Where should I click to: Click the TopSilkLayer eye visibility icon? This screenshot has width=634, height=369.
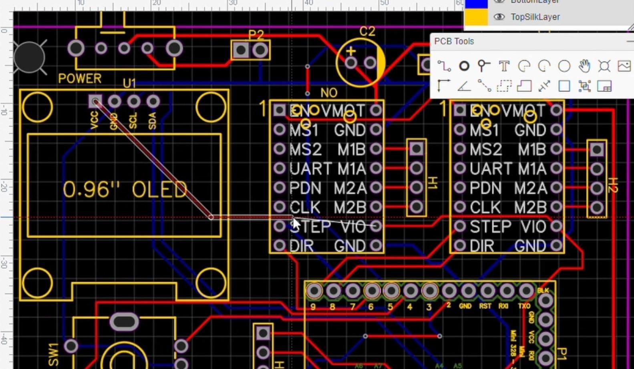tap(499, 17)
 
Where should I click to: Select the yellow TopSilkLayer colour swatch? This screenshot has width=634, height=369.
tap(476, 17)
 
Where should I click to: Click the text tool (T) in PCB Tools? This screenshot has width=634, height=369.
tap(504, 66)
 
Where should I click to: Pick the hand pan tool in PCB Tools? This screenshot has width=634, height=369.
tap(584, 66)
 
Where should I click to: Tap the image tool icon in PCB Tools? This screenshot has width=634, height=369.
tap(624, 66)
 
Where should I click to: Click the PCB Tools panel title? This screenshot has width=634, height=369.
tap(454, 42)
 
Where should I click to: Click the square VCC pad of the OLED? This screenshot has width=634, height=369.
tap(95, 101)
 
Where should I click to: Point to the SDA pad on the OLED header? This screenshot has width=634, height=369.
tap(153, 101)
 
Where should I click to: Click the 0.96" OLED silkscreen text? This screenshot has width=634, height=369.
tap(125, 189)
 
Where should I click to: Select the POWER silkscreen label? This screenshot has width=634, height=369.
tap(80, 78)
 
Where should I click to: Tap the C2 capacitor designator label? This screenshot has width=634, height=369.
tap(367, 31)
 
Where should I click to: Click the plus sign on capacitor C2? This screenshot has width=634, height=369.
tap(351, 51)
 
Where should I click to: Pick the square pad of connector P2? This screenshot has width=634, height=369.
tap(241, 50)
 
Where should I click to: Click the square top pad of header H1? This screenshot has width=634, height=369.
tap(416, 149)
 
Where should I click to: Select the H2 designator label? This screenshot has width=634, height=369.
tap(612, 185)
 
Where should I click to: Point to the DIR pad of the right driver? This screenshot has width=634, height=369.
tap(460, 245)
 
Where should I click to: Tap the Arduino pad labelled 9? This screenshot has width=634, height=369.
tap(314, 291)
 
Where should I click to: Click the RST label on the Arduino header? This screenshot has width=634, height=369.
tap(485, 306)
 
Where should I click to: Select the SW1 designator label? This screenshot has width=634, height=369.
tap(54, 354)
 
